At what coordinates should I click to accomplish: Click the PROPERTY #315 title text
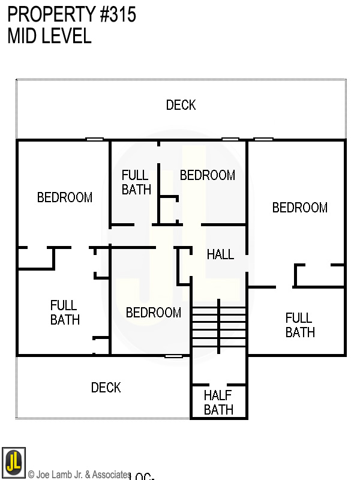[71, 15]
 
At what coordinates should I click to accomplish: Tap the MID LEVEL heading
[49, 36]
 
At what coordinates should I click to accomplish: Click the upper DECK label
[181, 106]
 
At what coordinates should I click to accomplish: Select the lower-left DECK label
[106, 388]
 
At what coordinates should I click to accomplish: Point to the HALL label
[220, 254]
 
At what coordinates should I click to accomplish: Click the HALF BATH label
[218, 403]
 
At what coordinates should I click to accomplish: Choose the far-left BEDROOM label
[65, 197]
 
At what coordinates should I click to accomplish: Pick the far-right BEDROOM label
[299, 208]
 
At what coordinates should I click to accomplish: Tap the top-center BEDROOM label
[207, 175]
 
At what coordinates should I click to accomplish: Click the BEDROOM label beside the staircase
[153, 313]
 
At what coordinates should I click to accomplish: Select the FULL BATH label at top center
[136, 182]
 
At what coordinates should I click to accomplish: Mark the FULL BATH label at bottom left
[65, 313]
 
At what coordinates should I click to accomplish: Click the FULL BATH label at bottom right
[299, 325]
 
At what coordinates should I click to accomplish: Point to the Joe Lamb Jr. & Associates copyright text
[79, 475]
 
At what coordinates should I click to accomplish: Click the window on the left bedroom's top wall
[94, 140]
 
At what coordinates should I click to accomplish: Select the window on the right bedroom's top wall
[263, 140]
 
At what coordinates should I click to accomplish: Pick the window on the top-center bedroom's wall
[230, 140]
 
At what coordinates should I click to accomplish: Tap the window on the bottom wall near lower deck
[173, 356]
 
